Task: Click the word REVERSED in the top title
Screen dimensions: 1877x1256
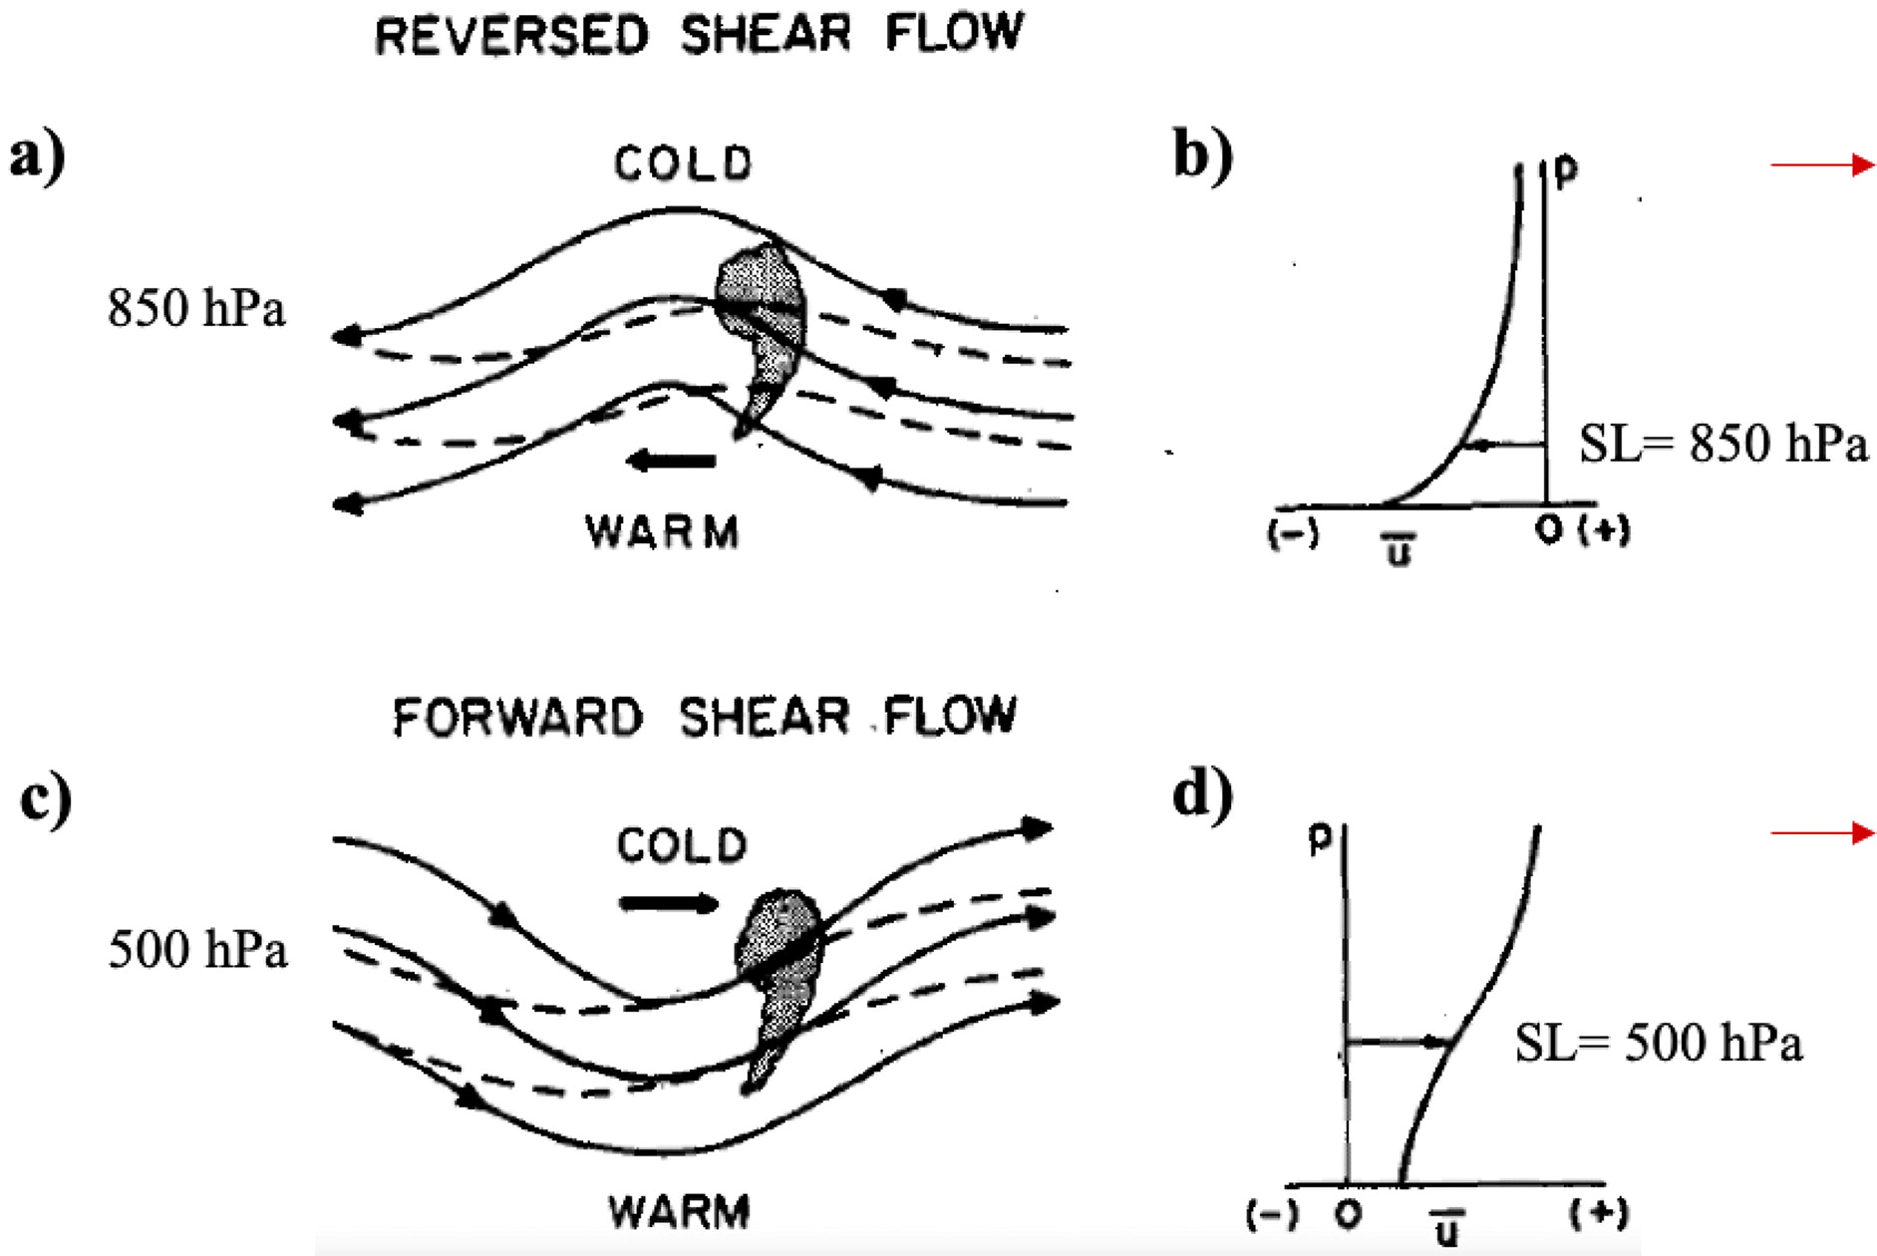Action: (x=511, y=35)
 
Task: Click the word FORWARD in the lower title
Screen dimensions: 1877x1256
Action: (x=517, y=717)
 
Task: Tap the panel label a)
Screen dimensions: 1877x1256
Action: (x=37, y=157)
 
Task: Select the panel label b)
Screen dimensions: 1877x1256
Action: (x=1202, y=156)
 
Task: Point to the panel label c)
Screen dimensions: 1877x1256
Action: (x=45, y=798)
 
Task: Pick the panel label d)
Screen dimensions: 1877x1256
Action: (x=1202, y=794)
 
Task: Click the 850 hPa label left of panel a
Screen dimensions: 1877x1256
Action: (x=196, y=308)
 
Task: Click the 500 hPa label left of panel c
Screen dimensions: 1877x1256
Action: (x=197, y=948)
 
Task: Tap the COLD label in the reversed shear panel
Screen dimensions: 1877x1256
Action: (x=683, y=164)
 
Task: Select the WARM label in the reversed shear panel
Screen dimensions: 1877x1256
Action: (x=662, y=531)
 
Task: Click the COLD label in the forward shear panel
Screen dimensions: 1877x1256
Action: (x=681, y=846)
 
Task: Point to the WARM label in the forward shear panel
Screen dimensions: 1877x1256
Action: (x=679, y=1212)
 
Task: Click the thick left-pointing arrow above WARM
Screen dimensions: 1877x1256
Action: (x=671, y=461)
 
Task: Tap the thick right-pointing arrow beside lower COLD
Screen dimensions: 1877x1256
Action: (x=669, y=904)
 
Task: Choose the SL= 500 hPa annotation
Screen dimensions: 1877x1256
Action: (x=1659, y=1044)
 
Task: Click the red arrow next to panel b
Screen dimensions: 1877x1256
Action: (x=1823, y=164)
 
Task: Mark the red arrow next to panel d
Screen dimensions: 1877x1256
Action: (x=1823, y=832)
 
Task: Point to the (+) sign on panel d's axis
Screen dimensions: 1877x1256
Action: (x=1598, y=1213)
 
